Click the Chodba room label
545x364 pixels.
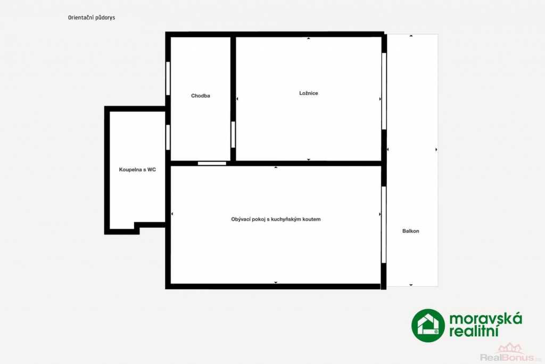coord(201,96)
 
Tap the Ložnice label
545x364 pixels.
coord(309,93)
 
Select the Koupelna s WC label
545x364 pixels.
coord(137,169)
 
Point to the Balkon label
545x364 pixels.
coord(411,231)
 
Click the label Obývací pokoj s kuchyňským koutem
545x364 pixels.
coord(276,219)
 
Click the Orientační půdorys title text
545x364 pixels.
coord(92,18)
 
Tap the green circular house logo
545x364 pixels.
coord(428,326)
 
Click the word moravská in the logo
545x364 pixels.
coord(485,318)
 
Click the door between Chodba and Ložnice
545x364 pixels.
coord(233,134)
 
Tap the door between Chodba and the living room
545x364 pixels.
coord(212,163)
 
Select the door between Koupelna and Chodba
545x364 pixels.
coord(168,137)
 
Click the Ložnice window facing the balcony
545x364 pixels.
coord(384,91)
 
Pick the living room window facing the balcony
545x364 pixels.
coord(384,225)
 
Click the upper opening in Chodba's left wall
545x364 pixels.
coord(168,78)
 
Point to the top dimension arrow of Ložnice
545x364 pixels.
coord(309,38)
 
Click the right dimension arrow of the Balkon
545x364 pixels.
coord(436,150)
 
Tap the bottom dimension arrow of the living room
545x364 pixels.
coord(276,282)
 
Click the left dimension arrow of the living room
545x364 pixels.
coord(172,214)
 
